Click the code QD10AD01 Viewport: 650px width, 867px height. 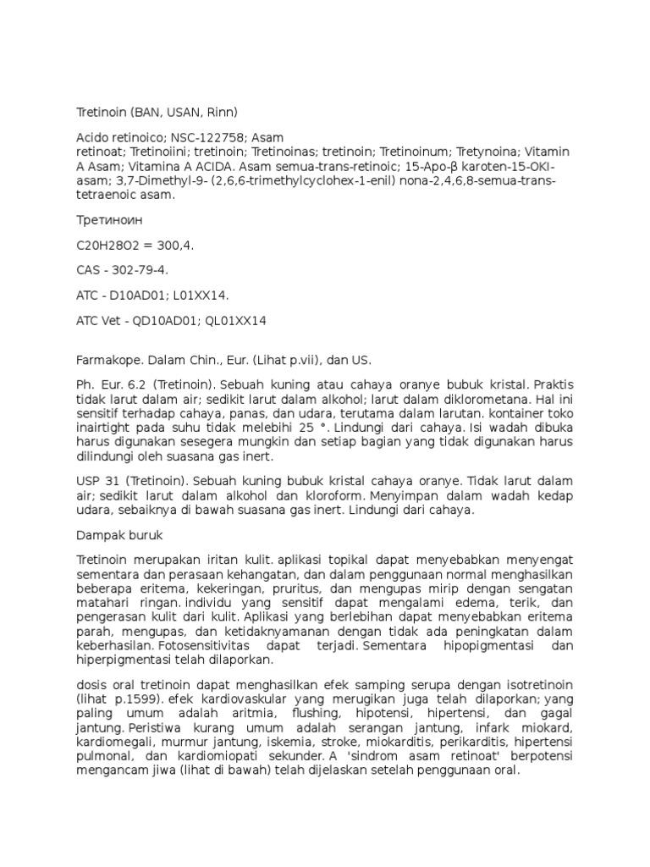tap(168, 321)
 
